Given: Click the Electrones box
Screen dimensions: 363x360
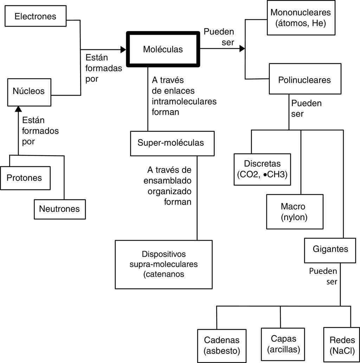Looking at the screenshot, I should (35, 16).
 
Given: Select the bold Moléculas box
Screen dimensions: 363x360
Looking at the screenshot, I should (163, 49).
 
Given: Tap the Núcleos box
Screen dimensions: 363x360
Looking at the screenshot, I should (29, 91).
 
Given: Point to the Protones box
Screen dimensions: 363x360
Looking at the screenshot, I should (24, 178).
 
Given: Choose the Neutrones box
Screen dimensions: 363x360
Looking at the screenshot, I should (59, 209).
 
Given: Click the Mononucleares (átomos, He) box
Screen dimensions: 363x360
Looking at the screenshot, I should (301, 18).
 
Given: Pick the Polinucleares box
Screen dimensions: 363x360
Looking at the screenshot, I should (304, 80).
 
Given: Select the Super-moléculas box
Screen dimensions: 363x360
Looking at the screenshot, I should (172, 143).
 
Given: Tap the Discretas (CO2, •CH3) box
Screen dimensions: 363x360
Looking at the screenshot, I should (262, 169).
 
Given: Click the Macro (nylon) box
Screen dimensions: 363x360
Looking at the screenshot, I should (294, 211).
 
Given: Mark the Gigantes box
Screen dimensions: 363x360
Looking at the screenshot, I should (330, 250).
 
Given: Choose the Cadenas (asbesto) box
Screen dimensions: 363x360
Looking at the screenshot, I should (221, 345).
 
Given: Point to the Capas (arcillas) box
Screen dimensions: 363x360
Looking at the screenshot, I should (283, 344).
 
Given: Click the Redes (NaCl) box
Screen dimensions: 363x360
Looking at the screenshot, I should (341, 345).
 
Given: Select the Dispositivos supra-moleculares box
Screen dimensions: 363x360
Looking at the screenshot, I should (163, 264).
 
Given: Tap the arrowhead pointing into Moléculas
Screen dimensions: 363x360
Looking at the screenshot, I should (123, 50).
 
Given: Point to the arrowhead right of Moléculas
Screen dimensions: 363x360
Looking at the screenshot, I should (242, 49).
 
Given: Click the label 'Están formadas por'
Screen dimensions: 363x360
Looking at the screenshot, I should (103, 68).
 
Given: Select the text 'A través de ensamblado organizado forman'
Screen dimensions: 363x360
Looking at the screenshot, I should (169, 186).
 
